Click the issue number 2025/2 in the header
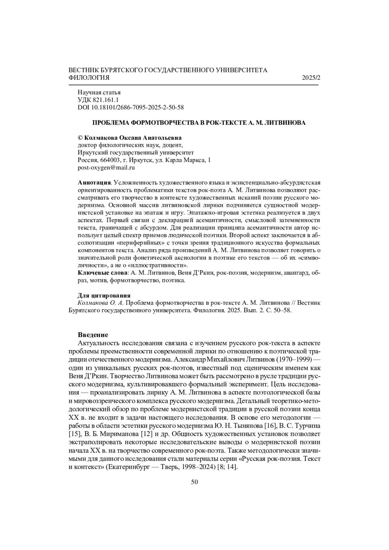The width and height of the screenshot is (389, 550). pos(311,78)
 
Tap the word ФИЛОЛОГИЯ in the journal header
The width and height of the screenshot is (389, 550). pos(89,78)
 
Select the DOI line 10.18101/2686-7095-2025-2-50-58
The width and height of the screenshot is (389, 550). pos(131,107)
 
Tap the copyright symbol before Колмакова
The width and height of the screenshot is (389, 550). pos(81,138)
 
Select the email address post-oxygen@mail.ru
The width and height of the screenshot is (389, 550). pos(106,168)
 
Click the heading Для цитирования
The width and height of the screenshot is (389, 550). pos(104,296)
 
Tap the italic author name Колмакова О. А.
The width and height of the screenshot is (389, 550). pos(100,303)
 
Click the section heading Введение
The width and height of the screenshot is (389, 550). pos(93,335)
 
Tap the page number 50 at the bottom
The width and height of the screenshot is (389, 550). pos(194,482)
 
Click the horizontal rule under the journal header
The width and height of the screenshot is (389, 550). pos(194,85)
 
